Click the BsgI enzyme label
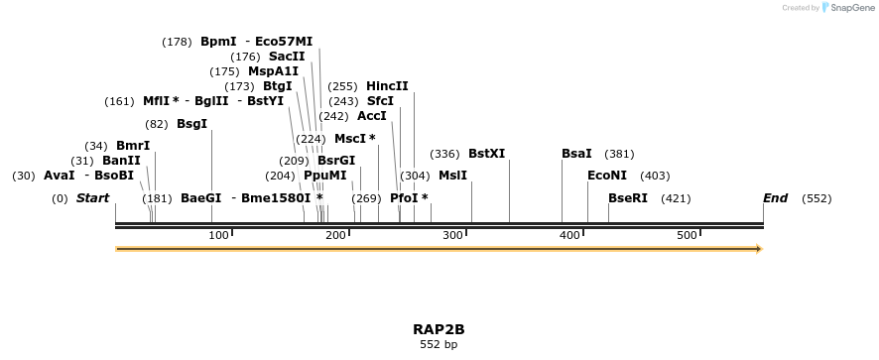pos(191,124)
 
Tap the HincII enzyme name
pos(387,86)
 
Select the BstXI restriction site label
pos(486,154)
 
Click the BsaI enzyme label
pos(576,154)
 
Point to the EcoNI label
pos(607,176)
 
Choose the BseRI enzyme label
pos(628,198)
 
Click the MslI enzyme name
pos(452,176)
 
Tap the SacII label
pos(287,57)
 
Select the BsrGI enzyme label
pos(336,161)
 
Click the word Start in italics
pos(92,198)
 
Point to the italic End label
pos(775,198)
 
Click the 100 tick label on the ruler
pos(218,235)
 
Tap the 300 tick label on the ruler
pos(453,235)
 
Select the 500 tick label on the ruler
pos(688,235)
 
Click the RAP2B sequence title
pos(439,329)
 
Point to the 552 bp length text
pos(439,345)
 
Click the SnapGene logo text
pos(853,8)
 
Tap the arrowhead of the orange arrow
pos(759,249)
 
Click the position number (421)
pos(676,198)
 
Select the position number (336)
pos(444,154)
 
